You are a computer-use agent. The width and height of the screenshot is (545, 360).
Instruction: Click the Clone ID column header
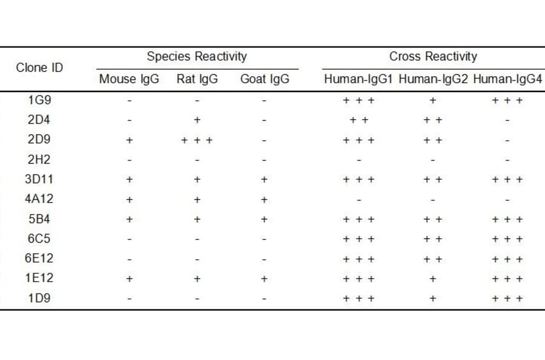[x=39, y=67]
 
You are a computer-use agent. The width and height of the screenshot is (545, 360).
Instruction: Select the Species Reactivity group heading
[x=197, y=57]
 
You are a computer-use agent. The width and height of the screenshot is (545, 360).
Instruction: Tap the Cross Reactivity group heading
[x=433, y=57]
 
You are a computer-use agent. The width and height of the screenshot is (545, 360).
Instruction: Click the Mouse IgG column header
[x=129, y=79]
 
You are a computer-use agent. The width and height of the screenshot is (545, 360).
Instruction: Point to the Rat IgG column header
[x=197, y=79]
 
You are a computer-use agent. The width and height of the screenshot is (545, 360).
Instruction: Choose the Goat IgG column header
[x=265, y=79]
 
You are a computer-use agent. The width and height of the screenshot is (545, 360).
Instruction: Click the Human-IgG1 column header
[x=359, y=79]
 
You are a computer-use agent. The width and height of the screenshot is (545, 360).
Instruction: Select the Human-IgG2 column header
[x=433, y=79]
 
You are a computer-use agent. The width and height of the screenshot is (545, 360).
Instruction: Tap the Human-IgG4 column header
[x=507, y=79]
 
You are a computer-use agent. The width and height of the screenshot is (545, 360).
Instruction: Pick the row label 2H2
[x=39, y=160]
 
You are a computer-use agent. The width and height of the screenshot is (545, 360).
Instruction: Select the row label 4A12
[x=39, y=199]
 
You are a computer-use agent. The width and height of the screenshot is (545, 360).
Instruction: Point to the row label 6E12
[x=39, y=259]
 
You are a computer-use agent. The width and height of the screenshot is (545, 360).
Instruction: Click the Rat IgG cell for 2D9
[x=197, y=141]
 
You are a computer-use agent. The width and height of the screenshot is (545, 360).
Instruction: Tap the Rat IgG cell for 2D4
[x=197, y=121]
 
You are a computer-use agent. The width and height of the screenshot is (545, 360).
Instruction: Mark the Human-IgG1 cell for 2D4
[x=359, y=121]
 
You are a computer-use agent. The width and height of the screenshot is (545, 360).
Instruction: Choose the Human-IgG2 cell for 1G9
[x=433, y=101]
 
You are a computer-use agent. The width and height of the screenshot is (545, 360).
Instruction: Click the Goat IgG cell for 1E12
[x=265, y=279]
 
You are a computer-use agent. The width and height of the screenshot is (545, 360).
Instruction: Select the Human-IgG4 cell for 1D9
[x=507, y=299]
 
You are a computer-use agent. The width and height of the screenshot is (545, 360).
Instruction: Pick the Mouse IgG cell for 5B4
[x=129, y=219]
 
